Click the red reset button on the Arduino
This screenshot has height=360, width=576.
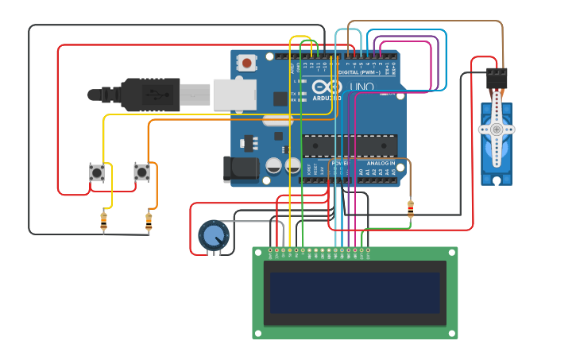coord(248,62)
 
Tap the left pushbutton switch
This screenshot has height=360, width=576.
coord(97,172)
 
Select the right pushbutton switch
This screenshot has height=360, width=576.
coord(141,172)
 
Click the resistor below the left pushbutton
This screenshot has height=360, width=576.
coord(104,221)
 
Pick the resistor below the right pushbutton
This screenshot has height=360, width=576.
coord(149,222)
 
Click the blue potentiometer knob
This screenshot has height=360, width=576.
coord(213,235)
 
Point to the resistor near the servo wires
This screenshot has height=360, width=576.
coord(410,209)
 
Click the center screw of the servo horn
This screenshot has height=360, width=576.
coord(497,129)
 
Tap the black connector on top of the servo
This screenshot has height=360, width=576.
coord(497,78)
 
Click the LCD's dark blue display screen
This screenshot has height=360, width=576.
coord(354,292)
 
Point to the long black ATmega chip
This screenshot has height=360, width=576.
coord(350,145)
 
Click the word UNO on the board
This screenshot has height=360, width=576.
coord(361,87)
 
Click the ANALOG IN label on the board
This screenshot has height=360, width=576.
coord(381,163)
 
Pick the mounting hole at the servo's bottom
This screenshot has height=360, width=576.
coord(497,180)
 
